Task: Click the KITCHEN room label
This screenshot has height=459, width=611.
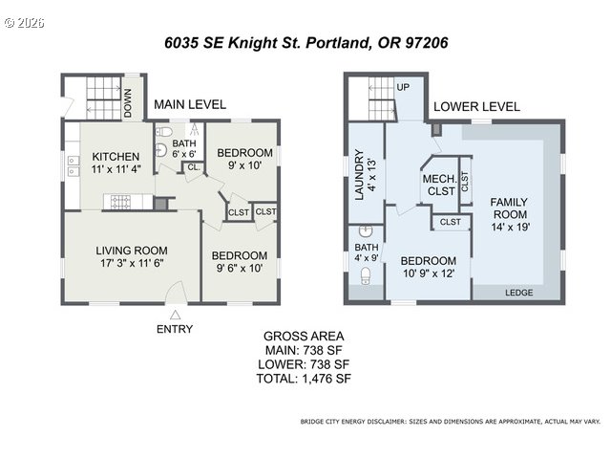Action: coord(116,157)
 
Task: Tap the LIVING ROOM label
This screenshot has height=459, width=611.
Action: coord(132,251)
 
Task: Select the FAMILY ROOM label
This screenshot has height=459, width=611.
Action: coord(509,208)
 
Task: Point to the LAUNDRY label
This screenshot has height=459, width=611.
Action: coord(359,175)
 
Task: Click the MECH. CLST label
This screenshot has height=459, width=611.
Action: coord(440,186)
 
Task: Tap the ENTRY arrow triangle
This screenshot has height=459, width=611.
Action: coord(175,315)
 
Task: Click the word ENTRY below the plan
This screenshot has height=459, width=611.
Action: coord(175,329)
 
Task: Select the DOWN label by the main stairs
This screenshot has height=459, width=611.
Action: coord(128,103)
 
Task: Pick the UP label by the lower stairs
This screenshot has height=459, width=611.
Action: coord(403,87)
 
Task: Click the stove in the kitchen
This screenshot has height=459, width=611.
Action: coord(121,202)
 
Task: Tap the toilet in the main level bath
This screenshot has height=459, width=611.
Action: coord(164,131)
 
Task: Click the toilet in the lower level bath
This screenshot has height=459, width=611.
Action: coord(366,275)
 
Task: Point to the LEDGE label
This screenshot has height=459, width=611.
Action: coord(519,293)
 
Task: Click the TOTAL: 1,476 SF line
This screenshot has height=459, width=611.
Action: coord(304,379)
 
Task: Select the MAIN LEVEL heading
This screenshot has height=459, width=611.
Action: coord(190,104)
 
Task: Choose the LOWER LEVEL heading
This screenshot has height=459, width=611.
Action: coord(476,106)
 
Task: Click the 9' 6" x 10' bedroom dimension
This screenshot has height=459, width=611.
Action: coord(240,269)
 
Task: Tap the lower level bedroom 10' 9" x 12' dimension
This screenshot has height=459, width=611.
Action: coord(429,273)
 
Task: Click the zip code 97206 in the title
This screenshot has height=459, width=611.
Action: coord(427,42)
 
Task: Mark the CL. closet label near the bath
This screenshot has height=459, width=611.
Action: coord(194,167)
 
